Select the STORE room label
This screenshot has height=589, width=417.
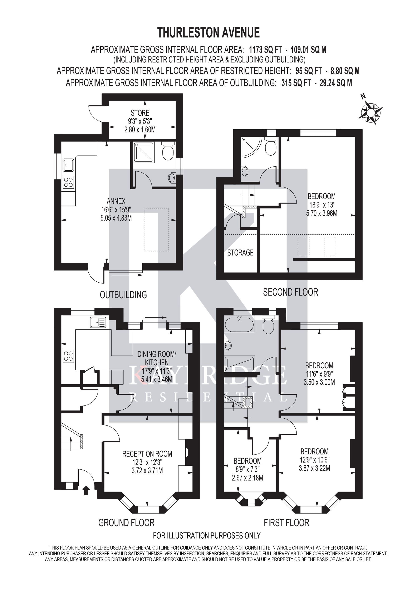[140, 113]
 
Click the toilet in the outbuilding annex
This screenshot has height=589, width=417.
[168, 151]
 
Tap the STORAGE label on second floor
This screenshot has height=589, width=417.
[240, 253]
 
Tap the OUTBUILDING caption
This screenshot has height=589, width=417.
[123, 295]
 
